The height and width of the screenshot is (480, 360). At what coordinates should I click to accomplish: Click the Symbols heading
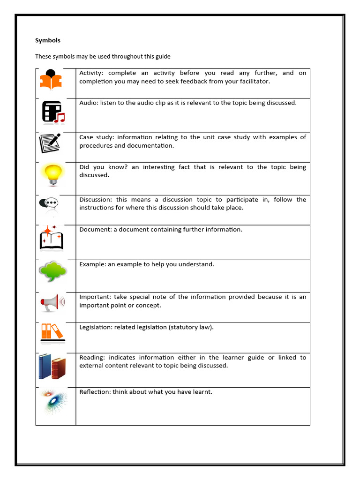(48, 40)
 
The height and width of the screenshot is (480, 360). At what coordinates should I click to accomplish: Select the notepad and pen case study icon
(50, 143)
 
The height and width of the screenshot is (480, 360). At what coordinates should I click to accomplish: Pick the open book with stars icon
(51, 238)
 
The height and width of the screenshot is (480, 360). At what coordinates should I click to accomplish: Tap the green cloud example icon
(53, 271)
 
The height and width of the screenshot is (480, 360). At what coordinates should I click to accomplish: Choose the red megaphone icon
(52, 302)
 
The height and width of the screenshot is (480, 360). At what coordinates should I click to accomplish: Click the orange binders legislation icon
(52, 332)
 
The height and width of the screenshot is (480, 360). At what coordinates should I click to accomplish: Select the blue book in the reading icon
(45, 366)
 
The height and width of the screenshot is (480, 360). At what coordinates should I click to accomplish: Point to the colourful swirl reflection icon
(53, 401)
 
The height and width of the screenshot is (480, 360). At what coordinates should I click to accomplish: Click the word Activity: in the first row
(92, 73)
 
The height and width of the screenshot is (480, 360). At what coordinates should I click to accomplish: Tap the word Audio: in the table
(89, 103)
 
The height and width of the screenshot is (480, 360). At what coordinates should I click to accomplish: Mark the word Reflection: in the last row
(95, 392)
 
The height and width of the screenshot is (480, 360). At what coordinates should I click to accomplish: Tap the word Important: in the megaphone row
(96, 297)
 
